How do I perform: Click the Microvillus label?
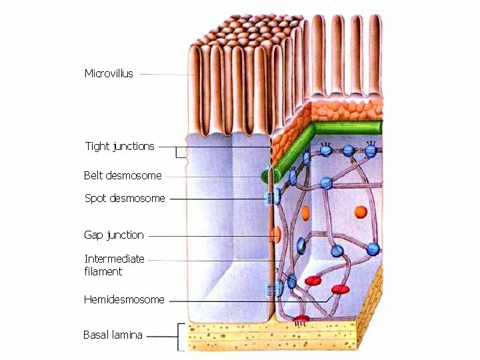[109, 73]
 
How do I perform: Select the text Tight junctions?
[119, 146]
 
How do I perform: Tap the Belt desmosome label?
[123, 176]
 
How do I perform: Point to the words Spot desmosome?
[125, 198]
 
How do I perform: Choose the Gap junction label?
[113, 235]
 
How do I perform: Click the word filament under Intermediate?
[103, 271]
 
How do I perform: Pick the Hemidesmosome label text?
[124, 300]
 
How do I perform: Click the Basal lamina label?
[113, 335]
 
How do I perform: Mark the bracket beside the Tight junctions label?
[179, 153]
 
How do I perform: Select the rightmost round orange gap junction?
[361, 212]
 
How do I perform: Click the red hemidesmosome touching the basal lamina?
[303, 319]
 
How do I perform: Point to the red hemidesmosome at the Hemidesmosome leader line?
[340, 290]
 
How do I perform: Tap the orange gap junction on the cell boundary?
[275, 235]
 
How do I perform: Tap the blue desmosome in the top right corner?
[371, 151]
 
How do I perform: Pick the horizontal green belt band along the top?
[347, 128]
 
